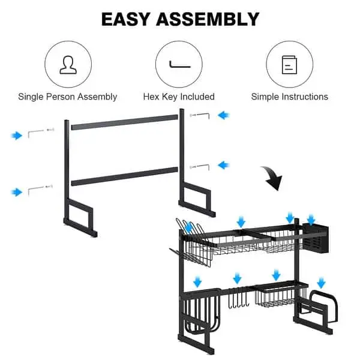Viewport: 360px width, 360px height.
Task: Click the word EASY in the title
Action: (126, 19)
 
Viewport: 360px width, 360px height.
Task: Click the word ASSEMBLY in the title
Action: (208, 19)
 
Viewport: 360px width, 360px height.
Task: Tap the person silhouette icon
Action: (68, 65)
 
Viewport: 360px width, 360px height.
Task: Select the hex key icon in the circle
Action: (180, 65)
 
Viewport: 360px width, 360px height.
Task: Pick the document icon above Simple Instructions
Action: (289, 65)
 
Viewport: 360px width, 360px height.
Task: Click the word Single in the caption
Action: (31, 97)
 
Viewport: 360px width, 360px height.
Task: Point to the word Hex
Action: (151, 97)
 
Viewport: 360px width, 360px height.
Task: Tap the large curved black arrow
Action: (273, 177)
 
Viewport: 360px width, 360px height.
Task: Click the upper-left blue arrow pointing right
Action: (17, 136)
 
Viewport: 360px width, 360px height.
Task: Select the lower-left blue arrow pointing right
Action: (17, 192)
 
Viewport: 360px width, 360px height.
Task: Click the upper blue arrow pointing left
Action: (224, 115)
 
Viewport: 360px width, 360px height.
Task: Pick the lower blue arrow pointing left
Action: (224, 165)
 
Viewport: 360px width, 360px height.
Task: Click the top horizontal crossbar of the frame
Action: (125, 122)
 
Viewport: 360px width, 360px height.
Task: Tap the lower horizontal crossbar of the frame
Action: (125, 176)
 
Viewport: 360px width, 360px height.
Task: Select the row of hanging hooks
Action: (239, 298)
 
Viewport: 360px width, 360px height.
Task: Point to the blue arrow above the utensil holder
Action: (311, 220)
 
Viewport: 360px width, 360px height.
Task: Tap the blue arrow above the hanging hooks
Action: (237, 278)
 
